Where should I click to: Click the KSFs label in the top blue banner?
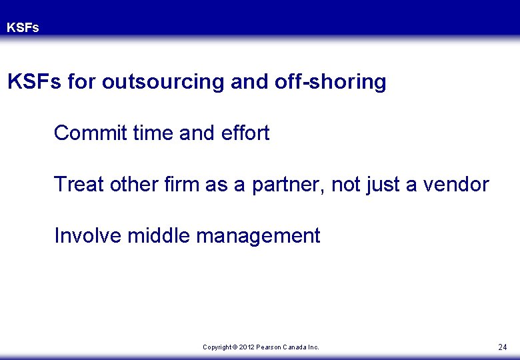click(x=23, y=28)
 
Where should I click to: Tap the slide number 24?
click(x=502, y=347)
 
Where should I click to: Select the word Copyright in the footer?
click(x=217, y=347)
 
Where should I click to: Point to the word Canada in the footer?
click(x=298, y=347)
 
